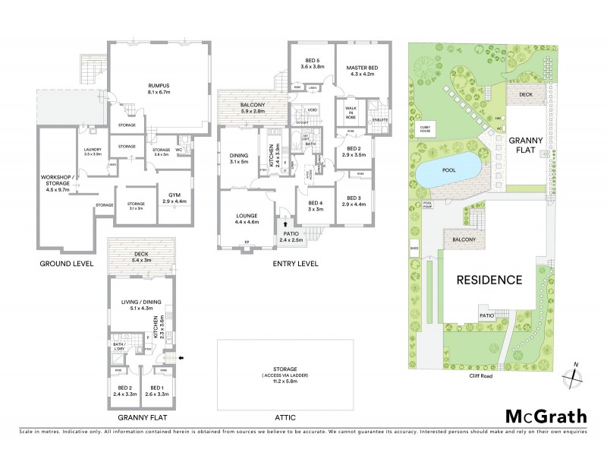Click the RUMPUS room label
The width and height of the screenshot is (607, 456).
[159, 88]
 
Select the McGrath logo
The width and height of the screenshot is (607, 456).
[546, 416]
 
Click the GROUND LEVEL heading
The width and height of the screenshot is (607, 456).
[67, 264]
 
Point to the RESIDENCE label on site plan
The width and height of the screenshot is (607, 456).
[489, 280]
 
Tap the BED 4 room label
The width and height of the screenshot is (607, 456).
[316, 205]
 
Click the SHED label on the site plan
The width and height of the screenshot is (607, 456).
[414, 246]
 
